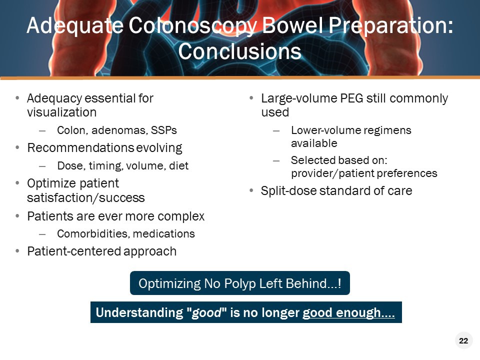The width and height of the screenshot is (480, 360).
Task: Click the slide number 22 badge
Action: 463,341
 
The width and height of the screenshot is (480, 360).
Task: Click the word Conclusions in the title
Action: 239,51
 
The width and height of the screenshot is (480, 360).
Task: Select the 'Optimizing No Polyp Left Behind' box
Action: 239,283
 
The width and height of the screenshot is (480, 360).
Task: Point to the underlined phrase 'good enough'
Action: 348,313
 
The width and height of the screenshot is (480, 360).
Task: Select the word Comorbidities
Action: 85,233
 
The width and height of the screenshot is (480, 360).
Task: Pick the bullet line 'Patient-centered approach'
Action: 101,251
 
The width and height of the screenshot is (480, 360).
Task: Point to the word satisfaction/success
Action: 85,197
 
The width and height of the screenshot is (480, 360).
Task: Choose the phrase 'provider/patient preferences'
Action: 364,173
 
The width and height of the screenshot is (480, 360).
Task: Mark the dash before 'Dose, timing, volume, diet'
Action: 42,165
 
